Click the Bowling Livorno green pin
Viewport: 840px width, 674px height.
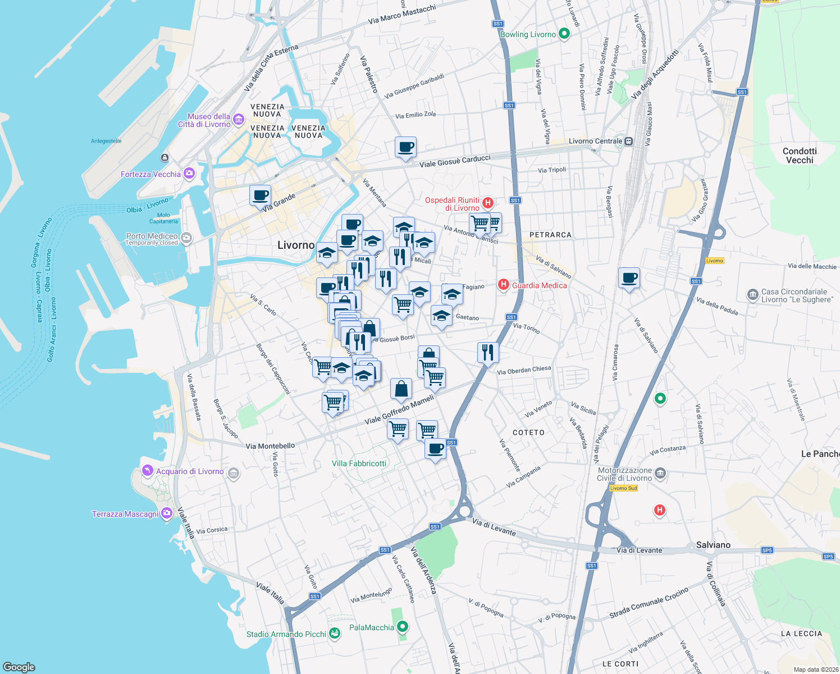click(565, 34)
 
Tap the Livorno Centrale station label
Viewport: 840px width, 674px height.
click(595, 141)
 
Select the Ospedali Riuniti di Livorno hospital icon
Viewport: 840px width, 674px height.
click(488, 203)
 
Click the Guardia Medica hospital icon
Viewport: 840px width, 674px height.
click(504, 285)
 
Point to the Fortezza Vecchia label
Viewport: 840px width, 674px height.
click(150, 174)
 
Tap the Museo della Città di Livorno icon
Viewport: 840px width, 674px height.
click(239, 119)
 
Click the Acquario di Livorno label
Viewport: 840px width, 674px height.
click(190, 471)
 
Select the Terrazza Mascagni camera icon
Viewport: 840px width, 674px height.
click(167, 513)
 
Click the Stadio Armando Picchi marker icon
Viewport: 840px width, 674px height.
click(335, 634)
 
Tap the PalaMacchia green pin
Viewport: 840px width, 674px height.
click(403, 627)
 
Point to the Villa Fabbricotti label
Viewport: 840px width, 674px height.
click(359, 463)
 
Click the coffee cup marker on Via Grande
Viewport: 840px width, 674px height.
click(260, 196)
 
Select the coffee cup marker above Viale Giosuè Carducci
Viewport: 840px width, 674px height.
click(405, 148)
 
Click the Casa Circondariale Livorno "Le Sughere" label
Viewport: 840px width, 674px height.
click(797, 295)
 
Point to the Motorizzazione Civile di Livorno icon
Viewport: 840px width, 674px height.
click(660, 473)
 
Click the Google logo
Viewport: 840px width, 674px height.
click(19, 667)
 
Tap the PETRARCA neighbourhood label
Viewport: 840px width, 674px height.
click(550, 235)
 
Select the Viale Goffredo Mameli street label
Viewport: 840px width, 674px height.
click(399, 410)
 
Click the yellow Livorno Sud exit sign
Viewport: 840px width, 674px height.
click(624, 488)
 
